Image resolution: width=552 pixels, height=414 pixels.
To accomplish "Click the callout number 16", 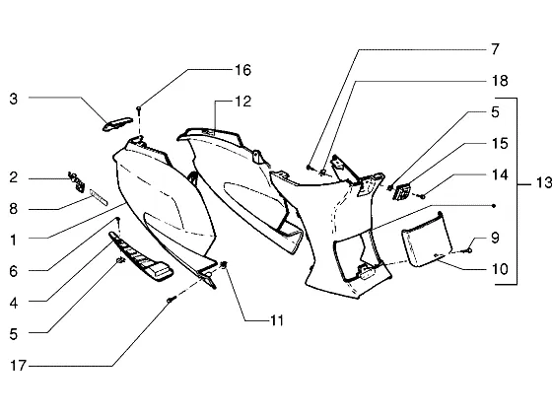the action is [242, 70].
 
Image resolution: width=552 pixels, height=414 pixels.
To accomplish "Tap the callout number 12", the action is [242, 102].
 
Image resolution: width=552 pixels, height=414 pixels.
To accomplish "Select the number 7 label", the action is [495, 49].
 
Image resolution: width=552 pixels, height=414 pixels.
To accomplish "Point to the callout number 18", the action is [500, 81].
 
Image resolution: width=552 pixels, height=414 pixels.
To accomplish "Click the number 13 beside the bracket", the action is [544, 182].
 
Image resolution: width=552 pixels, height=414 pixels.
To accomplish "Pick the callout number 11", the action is [277, 320].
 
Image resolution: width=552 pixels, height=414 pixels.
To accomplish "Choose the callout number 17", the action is [19, 366].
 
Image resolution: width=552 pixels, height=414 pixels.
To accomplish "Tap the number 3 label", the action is [14, 99].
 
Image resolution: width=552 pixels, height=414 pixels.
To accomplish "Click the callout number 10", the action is [500, 269].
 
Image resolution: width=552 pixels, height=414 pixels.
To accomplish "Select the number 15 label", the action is [500, 143].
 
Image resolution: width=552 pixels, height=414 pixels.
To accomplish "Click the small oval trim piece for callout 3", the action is [117, 123].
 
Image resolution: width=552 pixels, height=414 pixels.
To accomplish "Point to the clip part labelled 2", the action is [77, 181].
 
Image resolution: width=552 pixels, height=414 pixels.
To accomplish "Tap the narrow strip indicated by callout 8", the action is [99, 197].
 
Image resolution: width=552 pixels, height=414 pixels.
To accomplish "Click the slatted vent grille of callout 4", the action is [141, 256].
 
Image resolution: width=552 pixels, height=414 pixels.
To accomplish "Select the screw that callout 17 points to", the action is [171, 300].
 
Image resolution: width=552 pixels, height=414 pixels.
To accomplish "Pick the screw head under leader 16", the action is [139, 108].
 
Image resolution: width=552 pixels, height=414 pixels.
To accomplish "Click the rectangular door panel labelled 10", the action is [427, 241].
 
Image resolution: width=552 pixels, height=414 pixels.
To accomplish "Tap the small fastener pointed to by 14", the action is [422, 196].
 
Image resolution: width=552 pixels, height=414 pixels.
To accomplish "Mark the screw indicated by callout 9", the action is [468, 250].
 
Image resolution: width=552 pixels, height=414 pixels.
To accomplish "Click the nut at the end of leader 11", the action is [224, 264].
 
